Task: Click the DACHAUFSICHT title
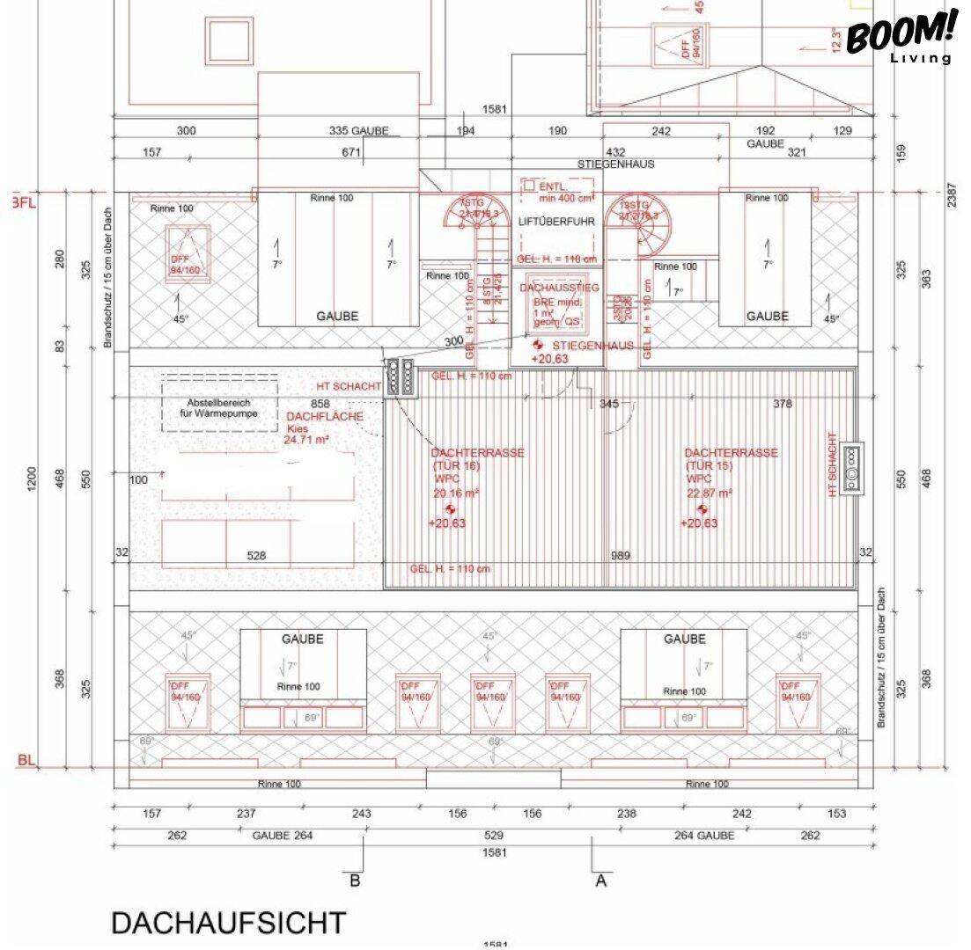[x=228, y=923]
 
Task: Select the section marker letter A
[x=602, y=880]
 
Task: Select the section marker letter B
[x=355, y=880]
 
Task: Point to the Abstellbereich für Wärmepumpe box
[x=219, y=406]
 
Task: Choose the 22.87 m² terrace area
[x=709, y=494]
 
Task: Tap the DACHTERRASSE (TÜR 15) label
[x=731, y=459]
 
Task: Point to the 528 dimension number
[x=256, y=556]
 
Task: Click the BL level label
[x=26, y=760]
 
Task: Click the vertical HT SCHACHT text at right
[x=832, y=464]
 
